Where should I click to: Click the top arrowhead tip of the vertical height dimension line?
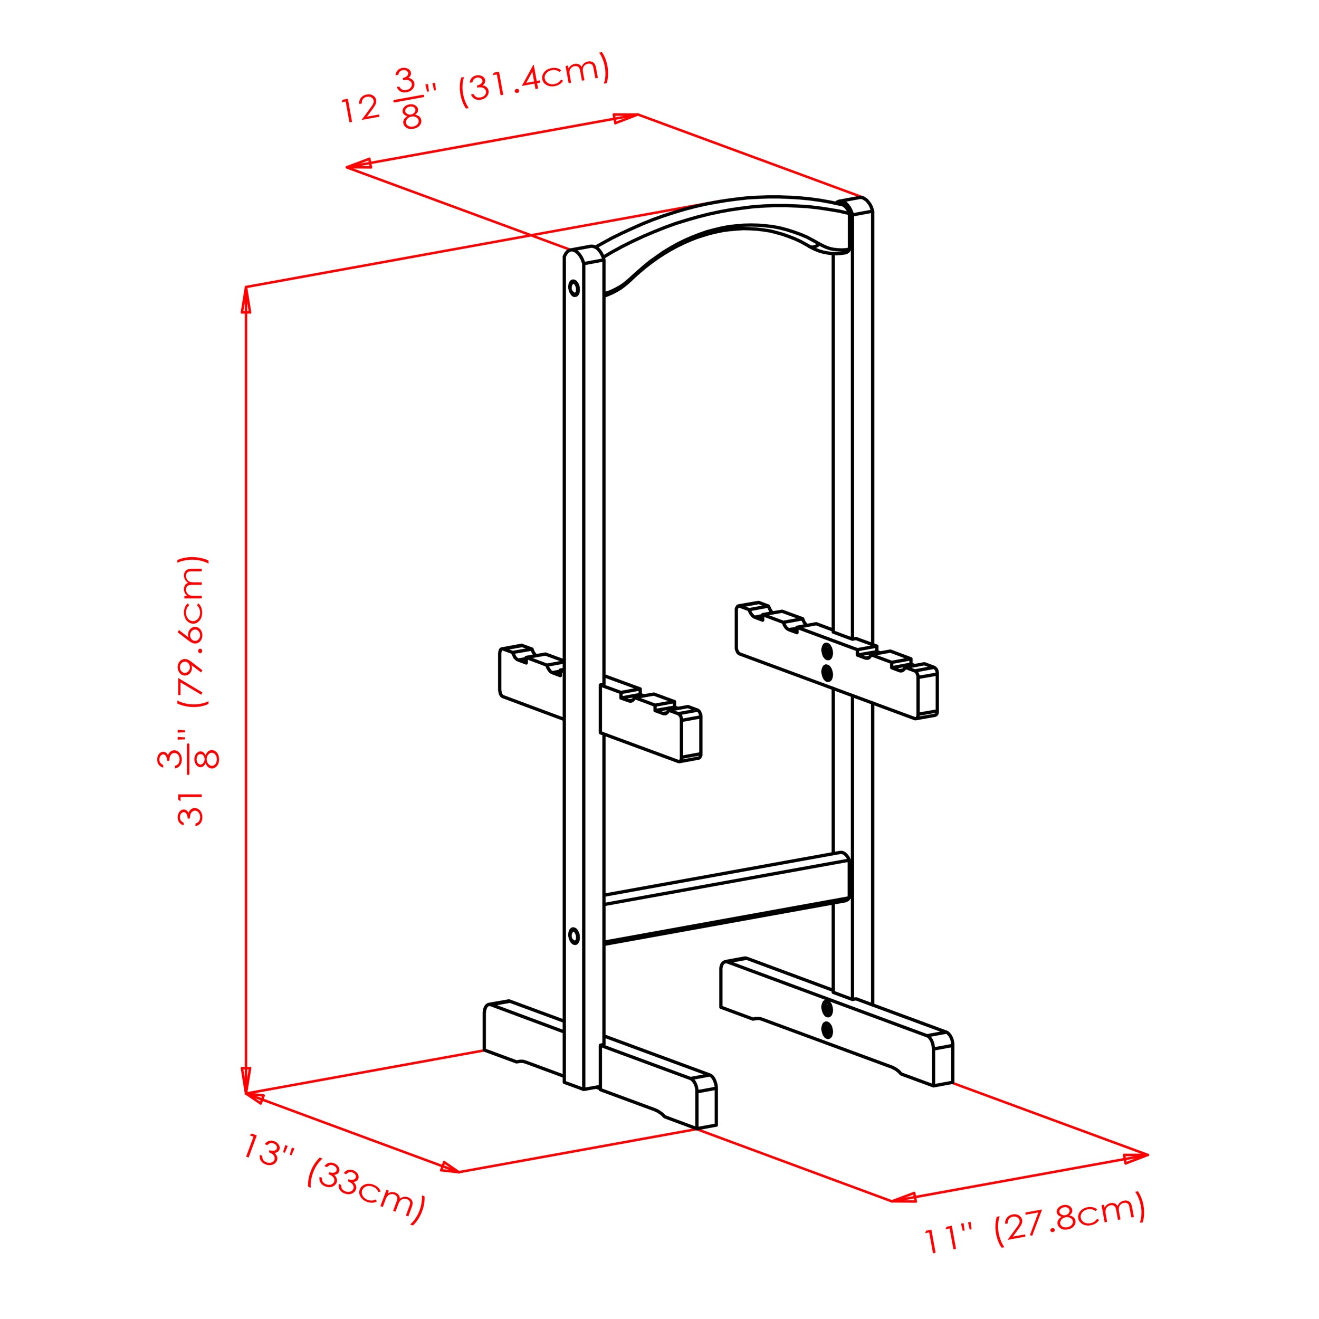pyautogui.click(x=246, y=286)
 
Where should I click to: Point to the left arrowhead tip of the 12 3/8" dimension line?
pyautogui.click(x=346, y=167)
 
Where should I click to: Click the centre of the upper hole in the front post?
pyautogui.click(x=574, y=288)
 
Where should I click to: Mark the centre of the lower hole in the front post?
pyautogui.click(x=574, y=936)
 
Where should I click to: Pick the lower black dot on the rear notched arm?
pyautogui.click(x=827, y=674)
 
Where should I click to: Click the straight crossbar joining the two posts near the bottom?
pyautogui.click(x=726, y=898)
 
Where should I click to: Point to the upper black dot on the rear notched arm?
pyautogui.click(x=827, y=651)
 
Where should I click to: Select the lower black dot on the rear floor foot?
pyautogui.click(x=827, y=1030)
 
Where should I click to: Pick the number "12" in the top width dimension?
pyautogui.click(x=360, y=109)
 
